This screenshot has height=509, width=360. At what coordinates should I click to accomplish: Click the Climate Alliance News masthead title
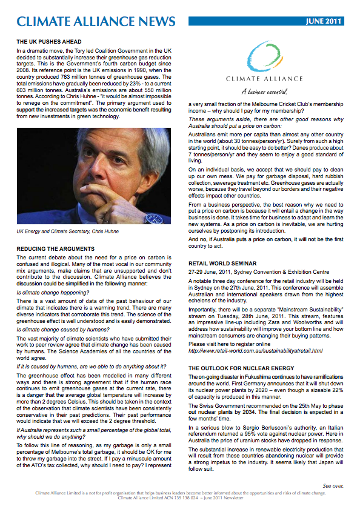pos(96,22)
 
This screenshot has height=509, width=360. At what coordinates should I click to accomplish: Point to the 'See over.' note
pos(333,486)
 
